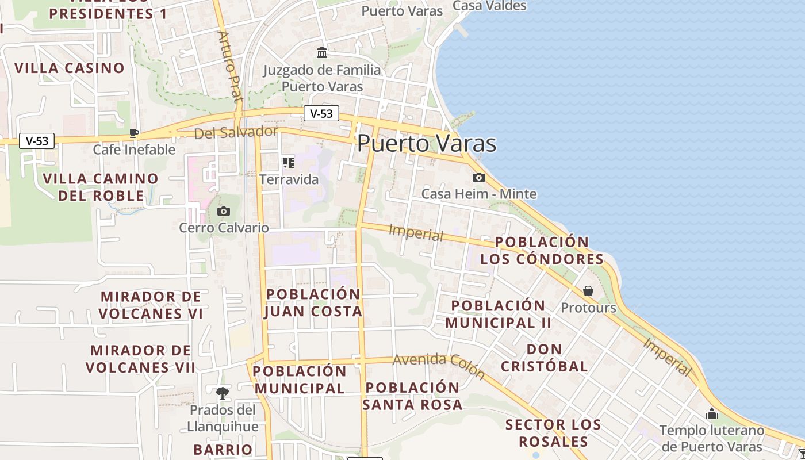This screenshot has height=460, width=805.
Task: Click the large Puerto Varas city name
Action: [426, 143]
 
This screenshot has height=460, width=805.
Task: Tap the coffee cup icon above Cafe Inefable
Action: [134, 133]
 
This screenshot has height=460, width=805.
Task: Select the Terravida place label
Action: [289, 179]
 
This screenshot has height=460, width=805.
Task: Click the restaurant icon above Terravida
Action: [289, 163]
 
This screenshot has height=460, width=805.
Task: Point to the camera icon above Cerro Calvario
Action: [224, 212]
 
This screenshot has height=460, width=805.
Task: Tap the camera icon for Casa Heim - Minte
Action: [479, 178]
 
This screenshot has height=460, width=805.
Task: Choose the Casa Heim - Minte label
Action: [479, 194]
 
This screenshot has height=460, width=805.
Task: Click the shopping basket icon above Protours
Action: [588, 291]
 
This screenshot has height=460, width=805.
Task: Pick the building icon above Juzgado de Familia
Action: [322, 53]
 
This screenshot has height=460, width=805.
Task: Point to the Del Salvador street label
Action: [236, 133]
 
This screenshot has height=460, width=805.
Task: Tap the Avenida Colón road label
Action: [439, 366]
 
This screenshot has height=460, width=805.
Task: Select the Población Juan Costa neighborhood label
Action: [313, 302]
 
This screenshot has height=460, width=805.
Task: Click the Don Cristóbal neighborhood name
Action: [544, 358]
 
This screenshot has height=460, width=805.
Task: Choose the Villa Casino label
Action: [70, 68]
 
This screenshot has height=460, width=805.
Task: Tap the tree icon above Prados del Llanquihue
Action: [223, 393]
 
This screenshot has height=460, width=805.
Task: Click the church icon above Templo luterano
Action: [712, 413]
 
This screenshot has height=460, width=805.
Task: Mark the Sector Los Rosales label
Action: [553, 433]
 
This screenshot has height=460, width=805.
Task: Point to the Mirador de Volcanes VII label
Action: [141, 359]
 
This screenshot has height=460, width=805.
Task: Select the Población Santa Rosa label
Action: [412, 396]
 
